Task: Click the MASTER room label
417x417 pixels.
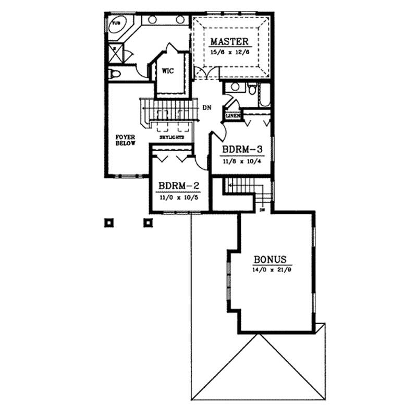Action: point(229,41)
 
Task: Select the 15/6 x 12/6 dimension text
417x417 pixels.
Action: point(229,52)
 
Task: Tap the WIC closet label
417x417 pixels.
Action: point(167,71)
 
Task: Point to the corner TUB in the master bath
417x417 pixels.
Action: point(116,26)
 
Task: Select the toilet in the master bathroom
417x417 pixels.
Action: point(115,73)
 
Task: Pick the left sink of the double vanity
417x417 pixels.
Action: point(153,20)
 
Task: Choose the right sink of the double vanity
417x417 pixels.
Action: point(180,20)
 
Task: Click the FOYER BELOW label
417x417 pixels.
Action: point(126,140)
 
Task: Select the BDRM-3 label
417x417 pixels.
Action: point(241,150)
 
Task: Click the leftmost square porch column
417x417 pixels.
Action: point(108,223)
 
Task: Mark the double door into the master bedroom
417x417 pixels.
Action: point(208,75)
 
